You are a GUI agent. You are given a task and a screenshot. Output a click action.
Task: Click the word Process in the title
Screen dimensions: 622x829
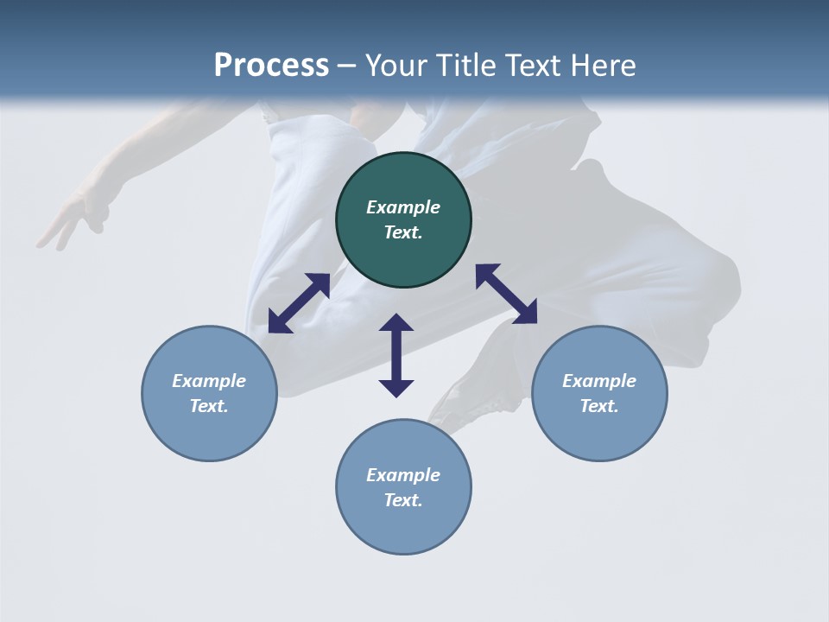[271, 66]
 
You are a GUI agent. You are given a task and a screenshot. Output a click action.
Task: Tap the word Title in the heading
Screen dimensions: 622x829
[466, 66]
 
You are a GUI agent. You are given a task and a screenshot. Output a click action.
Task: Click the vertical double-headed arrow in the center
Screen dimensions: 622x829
[396, 355]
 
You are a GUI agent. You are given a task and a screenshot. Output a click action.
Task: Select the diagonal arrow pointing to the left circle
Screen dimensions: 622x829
[299, 303]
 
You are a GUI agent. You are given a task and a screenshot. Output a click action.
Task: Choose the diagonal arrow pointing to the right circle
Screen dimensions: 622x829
[506, 294]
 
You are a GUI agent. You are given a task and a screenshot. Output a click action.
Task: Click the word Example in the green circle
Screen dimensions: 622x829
[403, 207]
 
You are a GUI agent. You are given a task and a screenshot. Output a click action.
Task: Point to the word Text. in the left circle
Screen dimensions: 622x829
[209, 406]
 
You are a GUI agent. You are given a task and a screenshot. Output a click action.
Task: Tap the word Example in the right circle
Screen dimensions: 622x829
[599, 381]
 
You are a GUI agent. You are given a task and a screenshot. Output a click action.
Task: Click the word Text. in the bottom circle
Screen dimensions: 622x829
[403, 500]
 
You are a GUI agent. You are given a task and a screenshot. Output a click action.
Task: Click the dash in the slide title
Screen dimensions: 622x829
[347, 67]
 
